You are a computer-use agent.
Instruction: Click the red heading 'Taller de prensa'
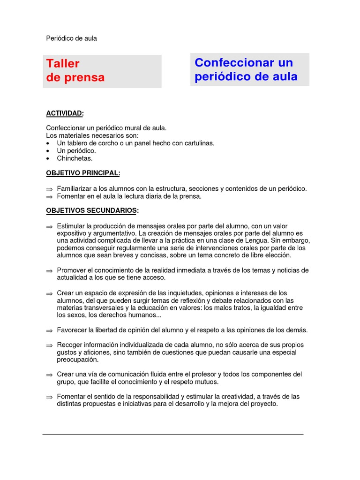pos(75,70)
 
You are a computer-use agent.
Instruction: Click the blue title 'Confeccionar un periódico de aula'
pos(246,69)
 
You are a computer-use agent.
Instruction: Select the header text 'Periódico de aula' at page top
pos(71,38)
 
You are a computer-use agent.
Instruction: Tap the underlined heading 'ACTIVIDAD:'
pos(65,113)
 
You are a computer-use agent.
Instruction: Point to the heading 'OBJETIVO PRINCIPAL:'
pos(83,173)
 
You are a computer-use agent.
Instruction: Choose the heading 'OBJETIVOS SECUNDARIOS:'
pos(92,210)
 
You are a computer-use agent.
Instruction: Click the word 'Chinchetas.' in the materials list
pos(75,158)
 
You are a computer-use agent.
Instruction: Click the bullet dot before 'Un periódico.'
pos(49,151)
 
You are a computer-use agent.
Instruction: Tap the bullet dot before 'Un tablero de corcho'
pos(49,143)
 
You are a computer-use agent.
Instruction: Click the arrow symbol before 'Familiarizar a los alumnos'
pos(49,189)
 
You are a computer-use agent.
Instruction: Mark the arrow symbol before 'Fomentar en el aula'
pos(49,196)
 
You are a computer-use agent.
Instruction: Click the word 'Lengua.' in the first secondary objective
pos(243,240)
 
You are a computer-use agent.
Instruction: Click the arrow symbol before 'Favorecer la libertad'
pos(49,330)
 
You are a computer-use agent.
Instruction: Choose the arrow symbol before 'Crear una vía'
pos(49,375)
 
